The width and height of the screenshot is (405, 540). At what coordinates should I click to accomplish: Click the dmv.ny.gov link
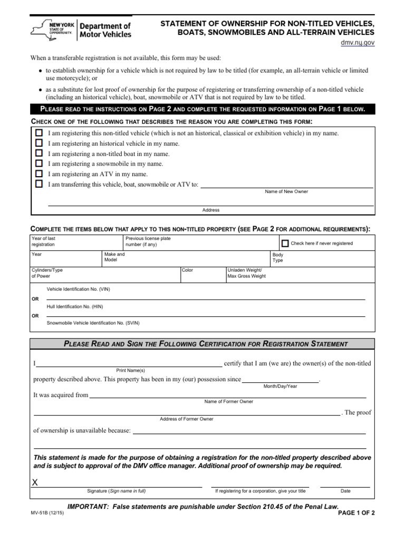(x=357, y=43)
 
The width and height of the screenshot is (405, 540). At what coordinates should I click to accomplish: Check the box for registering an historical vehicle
(x=39, y=143)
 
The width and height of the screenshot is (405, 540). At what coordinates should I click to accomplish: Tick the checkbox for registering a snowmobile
(x=39, y=163)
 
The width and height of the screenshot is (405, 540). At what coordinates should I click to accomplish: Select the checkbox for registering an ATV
(x=39, y=173)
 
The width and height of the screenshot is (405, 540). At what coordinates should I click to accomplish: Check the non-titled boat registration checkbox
(x=39, y=153)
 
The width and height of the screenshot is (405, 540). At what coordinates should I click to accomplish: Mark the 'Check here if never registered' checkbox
(x=285, y=243)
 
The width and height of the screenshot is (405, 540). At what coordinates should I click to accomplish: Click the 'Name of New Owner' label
(x=286, y=191)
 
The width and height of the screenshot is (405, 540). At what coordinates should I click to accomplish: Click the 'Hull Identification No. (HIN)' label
(x=75, y=306)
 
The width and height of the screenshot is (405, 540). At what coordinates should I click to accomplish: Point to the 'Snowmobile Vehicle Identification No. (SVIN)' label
(x=93, y=323)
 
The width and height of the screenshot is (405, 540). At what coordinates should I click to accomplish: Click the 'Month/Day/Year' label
(x=280, y=387)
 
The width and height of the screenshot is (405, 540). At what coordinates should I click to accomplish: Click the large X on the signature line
(x=35, y=483)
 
